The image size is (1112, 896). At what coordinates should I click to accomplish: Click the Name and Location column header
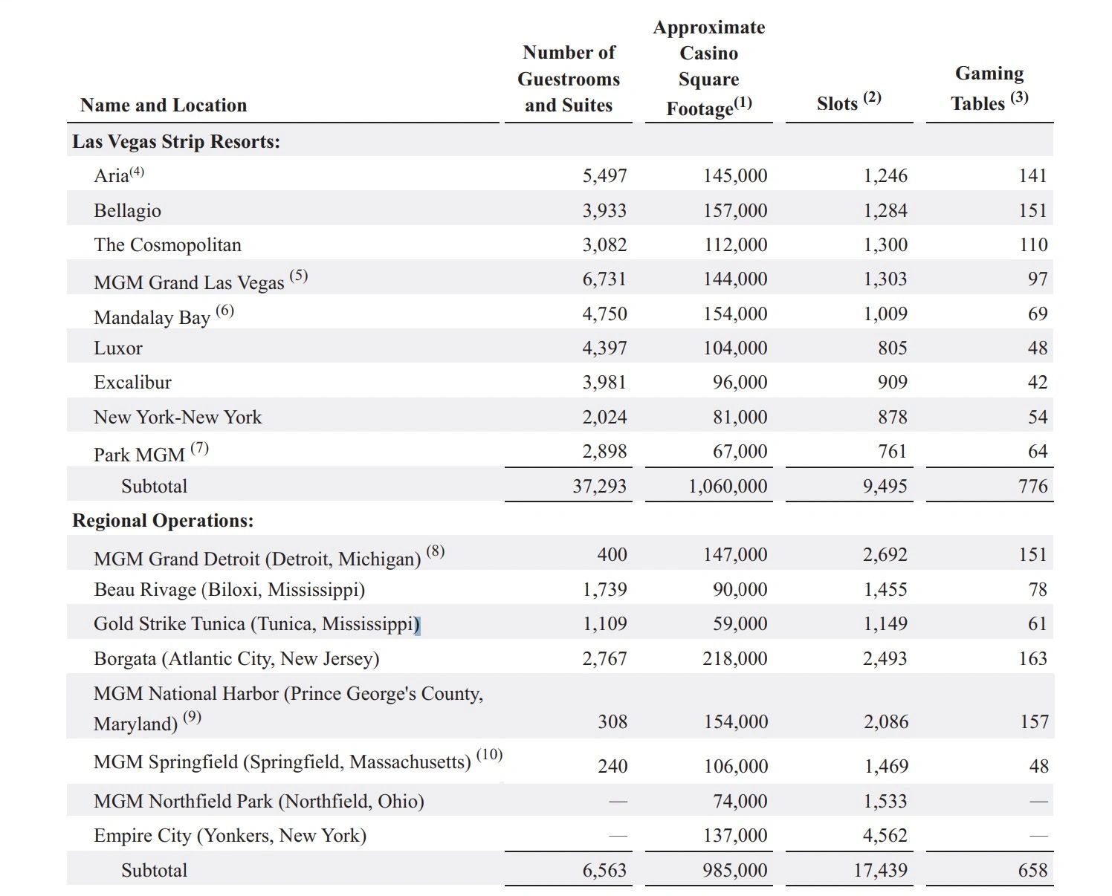point(164,105)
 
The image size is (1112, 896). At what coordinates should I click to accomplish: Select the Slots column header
point(848,101)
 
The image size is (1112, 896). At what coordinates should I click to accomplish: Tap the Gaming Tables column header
point(989,88)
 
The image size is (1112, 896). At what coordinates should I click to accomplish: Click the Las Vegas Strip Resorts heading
point(175,141)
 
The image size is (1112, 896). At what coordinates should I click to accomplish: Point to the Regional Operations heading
point(163,521)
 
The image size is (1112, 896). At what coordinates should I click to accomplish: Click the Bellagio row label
point(127,210)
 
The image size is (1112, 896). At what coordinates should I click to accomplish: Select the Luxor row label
point(117,348)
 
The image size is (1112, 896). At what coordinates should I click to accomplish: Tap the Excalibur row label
point(132,382)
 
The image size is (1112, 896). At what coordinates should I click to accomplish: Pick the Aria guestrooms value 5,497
point(604,175)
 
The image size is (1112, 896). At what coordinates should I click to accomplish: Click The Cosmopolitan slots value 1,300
point(885,244)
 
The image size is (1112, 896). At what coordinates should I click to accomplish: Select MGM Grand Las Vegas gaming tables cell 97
point(1037,279)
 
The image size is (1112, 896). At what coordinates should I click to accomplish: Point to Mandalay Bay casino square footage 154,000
point(735,314)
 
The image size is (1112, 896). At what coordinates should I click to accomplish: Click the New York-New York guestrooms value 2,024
point(604,417)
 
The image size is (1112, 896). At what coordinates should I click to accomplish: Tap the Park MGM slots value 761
point(893,452)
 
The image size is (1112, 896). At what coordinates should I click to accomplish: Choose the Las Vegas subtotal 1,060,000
point(728,486)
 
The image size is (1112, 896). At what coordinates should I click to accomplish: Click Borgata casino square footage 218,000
point(735,658)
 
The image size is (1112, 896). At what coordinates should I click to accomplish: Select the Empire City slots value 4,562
point(885,835)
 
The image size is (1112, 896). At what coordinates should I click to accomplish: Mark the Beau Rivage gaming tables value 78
point(1038,589)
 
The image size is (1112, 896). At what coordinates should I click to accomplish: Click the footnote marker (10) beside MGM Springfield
point(489,755)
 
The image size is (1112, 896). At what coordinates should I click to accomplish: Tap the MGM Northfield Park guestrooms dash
point(618,802)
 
